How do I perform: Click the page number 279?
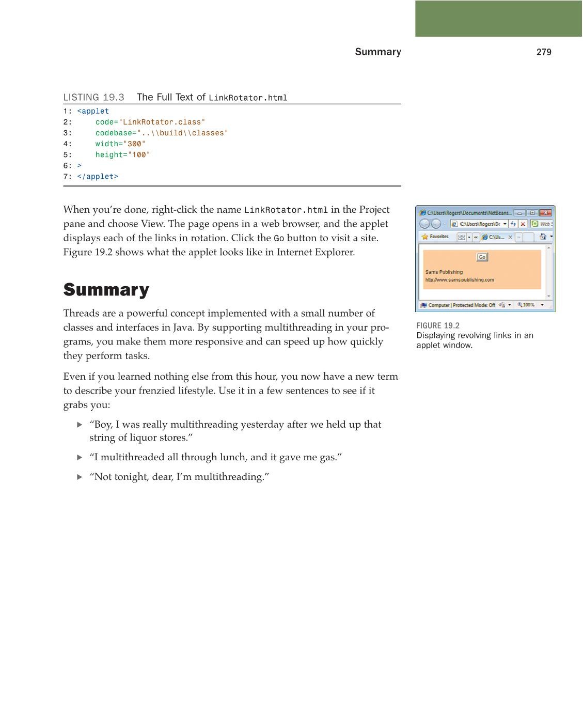click(x=544, y=52)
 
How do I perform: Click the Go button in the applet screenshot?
click(x=482, y=257)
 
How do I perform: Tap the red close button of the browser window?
click(x=546, y=213)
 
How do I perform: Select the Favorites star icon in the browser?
click(x=425, y=237)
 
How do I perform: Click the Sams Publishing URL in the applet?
click(x=459, y=280)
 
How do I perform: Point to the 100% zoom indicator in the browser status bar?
click(x=526, y=305)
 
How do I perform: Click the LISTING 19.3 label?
click(x=93, y=98)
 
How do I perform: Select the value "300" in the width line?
click(x=134, y=144)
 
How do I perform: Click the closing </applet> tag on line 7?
click(x=98, y=177)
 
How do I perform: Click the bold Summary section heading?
click(x=106, y=290)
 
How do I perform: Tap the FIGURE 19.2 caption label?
click(x=437, y=325)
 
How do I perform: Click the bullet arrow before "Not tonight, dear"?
click(x=80, y=477)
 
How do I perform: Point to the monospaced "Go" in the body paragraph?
click(x=279, y=239)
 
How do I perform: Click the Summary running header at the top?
click(x=377, y=52)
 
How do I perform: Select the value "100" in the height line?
click(x=139, y=155)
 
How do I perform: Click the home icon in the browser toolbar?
click(x=543, y=237)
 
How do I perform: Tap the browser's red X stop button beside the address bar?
click(x=523, y=224)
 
